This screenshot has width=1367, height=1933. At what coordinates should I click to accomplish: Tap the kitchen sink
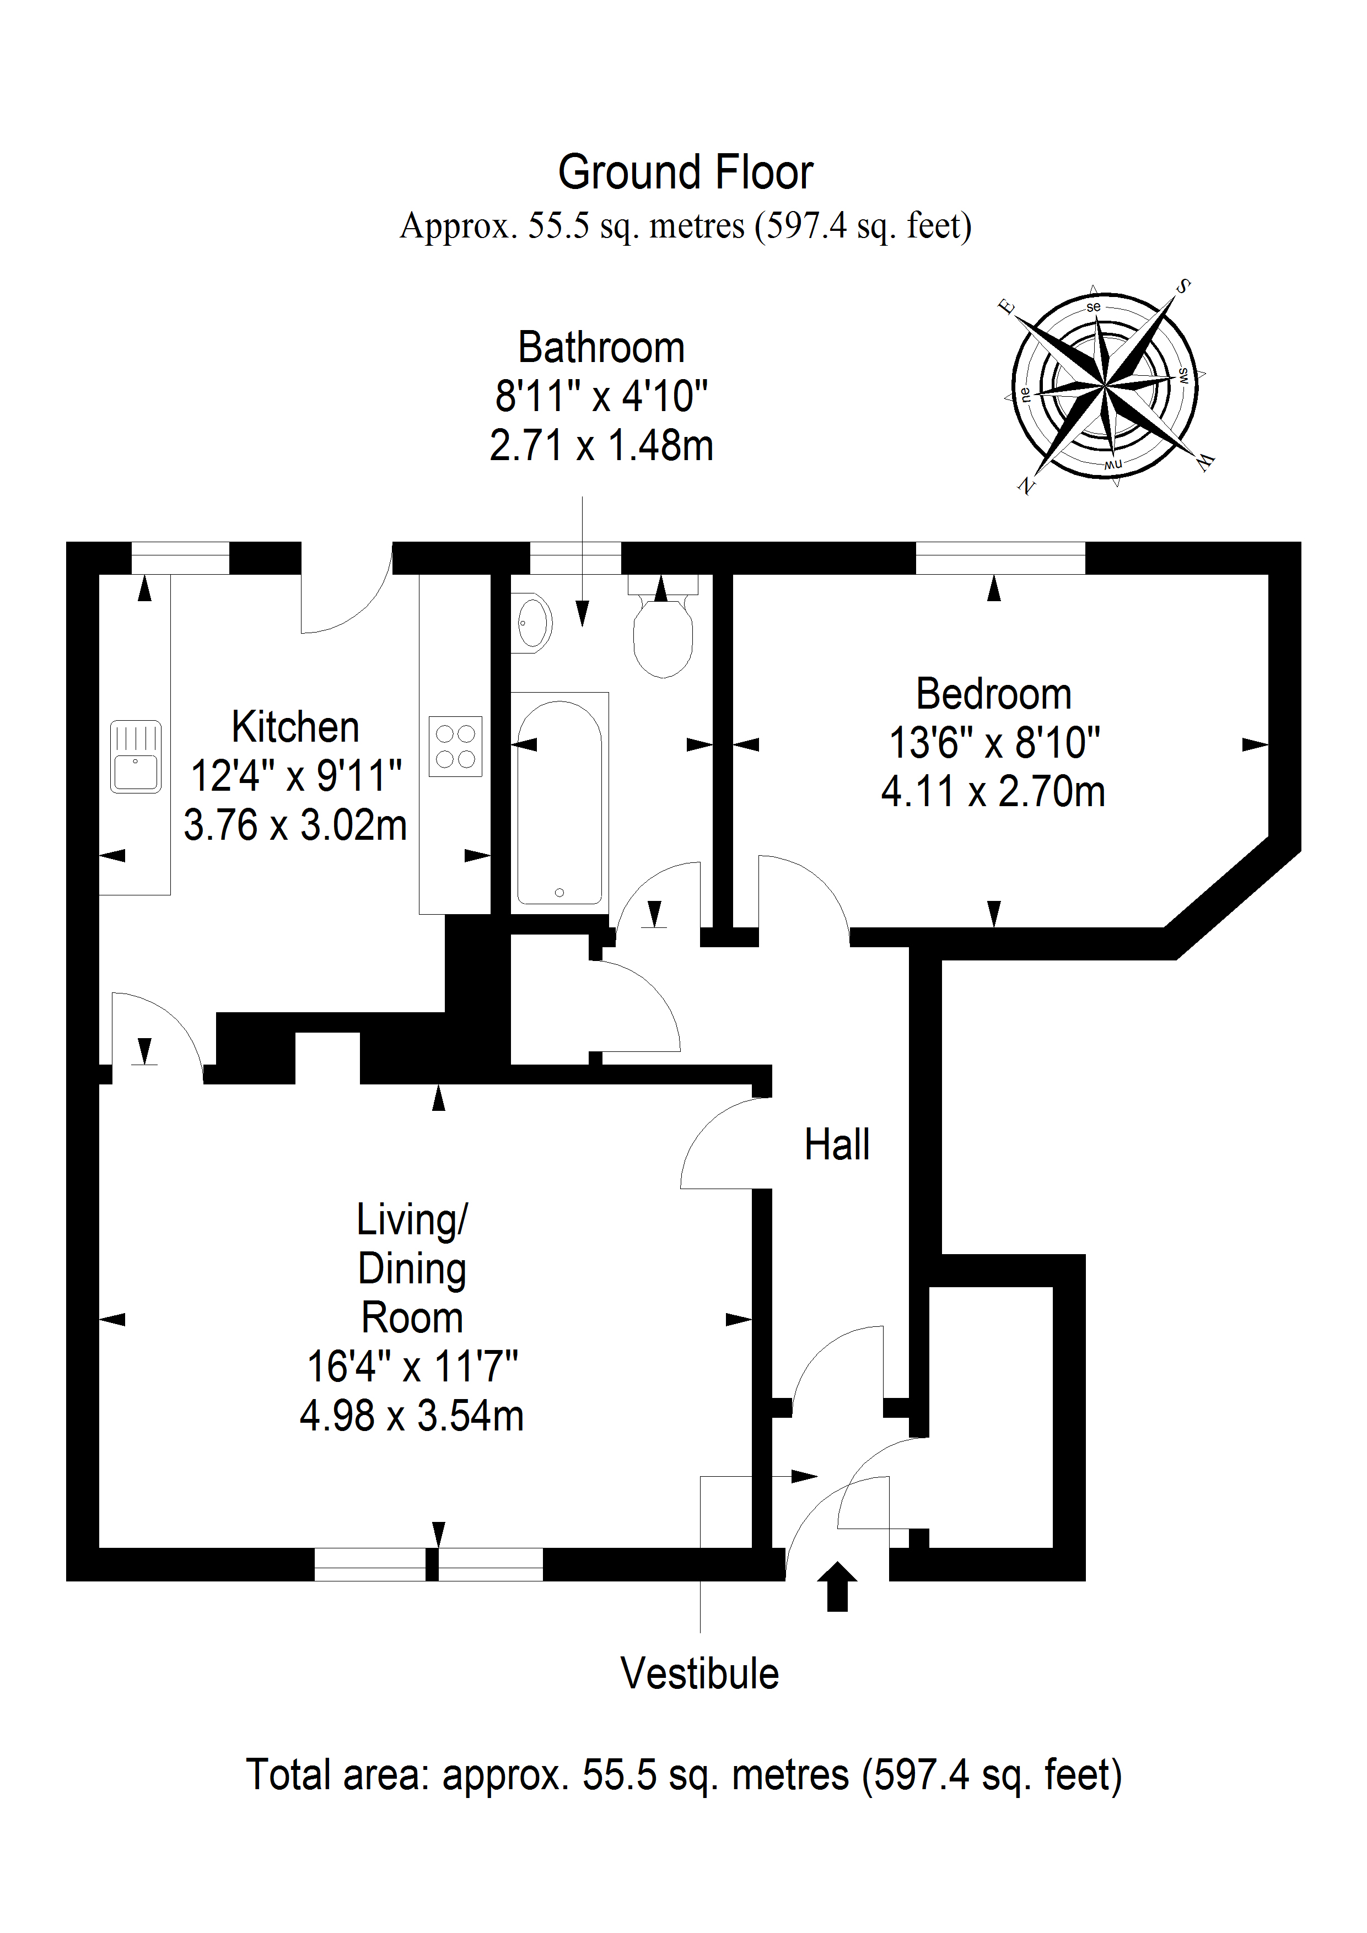pyautogui.click(x=134, y=756)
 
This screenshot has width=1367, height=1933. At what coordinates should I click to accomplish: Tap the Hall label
pyautogui.click(x=836, y=1145)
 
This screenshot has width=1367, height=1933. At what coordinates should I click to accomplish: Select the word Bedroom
pyautogui.click(x=993, y=694)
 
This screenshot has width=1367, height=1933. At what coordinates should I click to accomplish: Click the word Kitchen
pyautogui.click(x=295, y=727)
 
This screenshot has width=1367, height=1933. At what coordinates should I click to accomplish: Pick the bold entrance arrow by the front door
pyautogui.click(x=837, y=1586)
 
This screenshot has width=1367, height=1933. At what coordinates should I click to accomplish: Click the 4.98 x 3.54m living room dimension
pyautogui.click(x=412, y=1416)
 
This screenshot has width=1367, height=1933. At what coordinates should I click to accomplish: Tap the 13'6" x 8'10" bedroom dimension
pyautogui.click(x=994, y=743)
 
